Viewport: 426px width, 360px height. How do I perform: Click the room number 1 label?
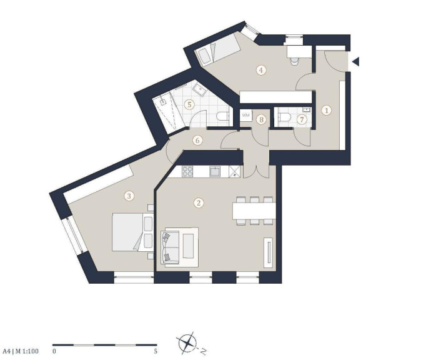pos(327,111)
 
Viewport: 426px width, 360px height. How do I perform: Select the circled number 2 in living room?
pos(199,203)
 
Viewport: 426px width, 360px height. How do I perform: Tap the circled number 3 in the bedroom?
pos(129,196)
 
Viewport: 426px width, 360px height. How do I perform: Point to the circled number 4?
pos(261,70)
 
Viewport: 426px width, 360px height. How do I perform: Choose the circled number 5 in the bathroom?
pos(189,104)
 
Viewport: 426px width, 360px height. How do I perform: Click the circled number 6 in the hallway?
pos(197,140)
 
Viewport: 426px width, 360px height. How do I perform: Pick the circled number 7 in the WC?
pos(302,119)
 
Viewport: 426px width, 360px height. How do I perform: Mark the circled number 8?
pos(261,119)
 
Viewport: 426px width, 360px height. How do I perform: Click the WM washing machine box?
pos(246,115)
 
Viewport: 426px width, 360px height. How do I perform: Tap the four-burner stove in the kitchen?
pos(187,171)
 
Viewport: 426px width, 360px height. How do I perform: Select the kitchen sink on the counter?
pos(215,172)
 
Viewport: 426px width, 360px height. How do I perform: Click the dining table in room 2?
pos(254,211)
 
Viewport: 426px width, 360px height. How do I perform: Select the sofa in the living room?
pos(171,247)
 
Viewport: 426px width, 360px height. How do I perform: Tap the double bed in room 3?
pos(132,232)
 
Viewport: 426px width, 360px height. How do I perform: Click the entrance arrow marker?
pos(356,62)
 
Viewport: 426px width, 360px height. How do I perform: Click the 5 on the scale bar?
pos(156,351)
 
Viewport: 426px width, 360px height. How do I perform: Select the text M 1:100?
pos(27,351)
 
